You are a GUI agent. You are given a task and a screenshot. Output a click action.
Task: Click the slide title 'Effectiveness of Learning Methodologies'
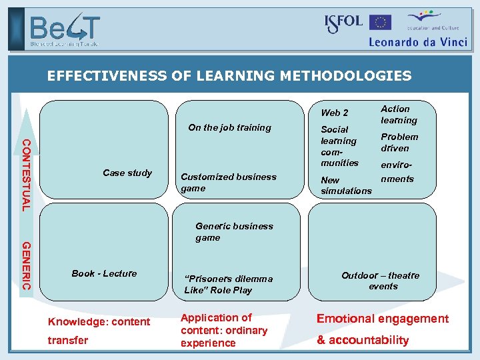[x=229, y=76]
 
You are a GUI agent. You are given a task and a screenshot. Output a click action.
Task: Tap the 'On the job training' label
[x=229, y=127]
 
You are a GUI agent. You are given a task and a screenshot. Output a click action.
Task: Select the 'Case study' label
[x=127, y=173]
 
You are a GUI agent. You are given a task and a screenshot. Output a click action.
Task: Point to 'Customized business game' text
[x=228, y=182]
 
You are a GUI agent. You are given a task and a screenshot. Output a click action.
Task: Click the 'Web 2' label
[x=335, y=113]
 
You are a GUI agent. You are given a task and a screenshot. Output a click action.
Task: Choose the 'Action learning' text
[x=399, y=115]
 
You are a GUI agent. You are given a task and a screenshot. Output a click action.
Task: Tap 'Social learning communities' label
[x=339, y=146]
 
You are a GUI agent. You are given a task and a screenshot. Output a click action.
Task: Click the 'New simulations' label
[x=346, y=185]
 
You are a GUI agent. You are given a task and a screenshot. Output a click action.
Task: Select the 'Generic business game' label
[x=234, y=231]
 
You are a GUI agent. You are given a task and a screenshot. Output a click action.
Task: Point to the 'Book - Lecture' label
[x=104, y=273]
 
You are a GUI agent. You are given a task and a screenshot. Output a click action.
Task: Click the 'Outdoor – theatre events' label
[x=380, y=281]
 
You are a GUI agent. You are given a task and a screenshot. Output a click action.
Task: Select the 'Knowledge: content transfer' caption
[x=99, y=331]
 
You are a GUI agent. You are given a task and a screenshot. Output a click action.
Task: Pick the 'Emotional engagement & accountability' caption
[x=382, y=329]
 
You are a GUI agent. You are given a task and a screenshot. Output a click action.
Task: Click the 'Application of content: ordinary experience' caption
[x=223, y=331]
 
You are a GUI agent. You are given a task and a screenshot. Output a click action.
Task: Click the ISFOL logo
[x=343, y=23]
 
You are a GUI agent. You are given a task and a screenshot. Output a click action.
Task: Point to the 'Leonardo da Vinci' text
[x=418, y=41]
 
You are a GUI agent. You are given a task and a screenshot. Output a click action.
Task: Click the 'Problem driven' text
[x=399, y=142]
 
